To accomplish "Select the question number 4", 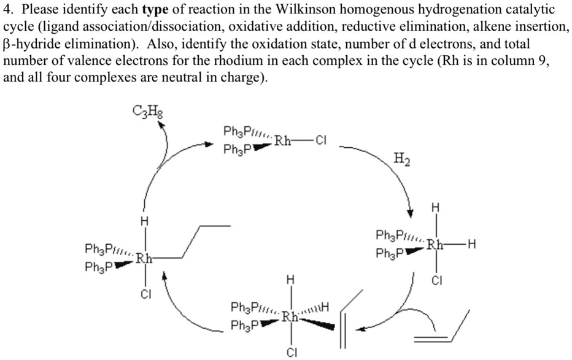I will pos(7,10).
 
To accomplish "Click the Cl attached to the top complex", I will pos(321,140).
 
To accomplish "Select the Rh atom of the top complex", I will pos(283,140).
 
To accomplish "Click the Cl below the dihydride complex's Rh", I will pos(436,281).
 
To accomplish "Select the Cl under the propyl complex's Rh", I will pos(145,293).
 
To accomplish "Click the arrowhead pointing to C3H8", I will pos(162,125).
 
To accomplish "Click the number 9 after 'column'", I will pos(542,62).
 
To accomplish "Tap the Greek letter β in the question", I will pos(7,45).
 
